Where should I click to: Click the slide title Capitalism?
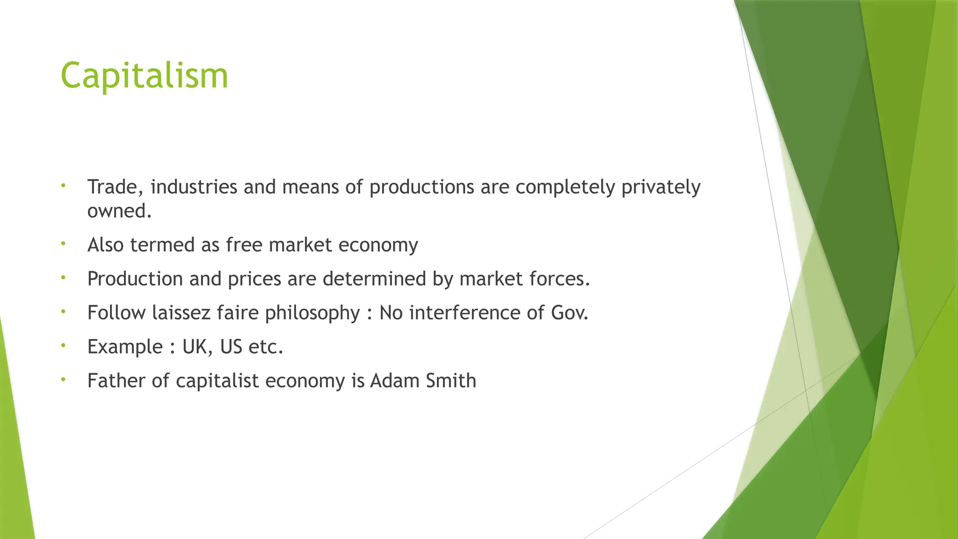pyautogui.click(x=144, y=76)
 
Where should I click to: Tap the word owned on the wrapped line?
pyautogui.click(x=119, y=211)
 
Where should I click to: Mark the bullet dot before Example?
pyautogui.click(x=63, y=346)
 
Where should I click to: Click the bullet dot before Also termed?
pyautogui.click(x=63, y=244)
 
